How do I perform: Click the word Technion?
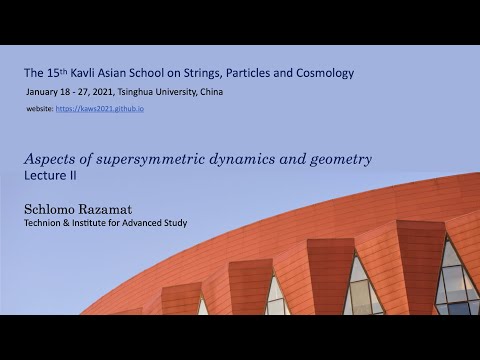click(x=47, y=223)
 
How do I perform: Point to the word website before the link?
click(x=38, y=108)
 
